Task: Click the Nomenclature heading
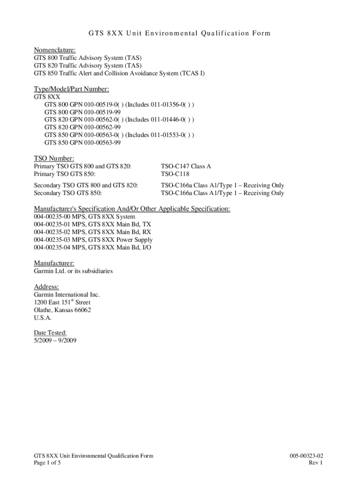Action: (55, 50)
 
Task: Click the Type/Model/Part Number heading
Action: (72, 89)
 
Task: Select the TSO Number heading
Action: (54, 158)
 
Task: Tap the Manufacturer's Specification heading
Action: (132, 208)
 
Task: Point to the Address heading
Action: (47, 286)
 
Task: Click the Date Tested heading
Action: (53, 333)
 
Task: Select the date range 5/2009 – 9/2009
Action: (55, 341)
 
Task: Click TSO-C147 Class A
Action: (186, 166)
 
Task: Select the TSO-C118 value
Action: (175, 174)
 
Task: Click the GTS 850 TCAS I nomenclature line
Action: (119, 73)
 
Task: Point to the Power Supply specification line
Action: (93, 239)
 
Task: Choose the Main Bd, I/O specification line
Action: (93, 247)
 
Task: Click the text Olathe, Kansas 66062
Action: (62, 310)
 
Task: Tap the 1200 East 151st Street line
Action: (62, 302)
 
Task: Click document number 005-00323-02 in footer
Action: (306, 456)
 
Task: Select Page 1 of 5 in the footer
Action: (47, 463)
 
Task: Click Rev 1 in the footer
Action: (316, 463)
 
